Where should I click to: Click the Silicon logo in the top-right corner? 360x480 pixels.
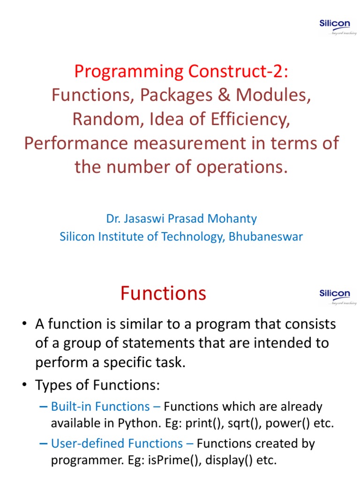pyautogui.click(x=335, y=27)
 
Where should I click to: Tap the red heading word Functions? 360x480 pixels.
pyautogui.click(x=163, y=293)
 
